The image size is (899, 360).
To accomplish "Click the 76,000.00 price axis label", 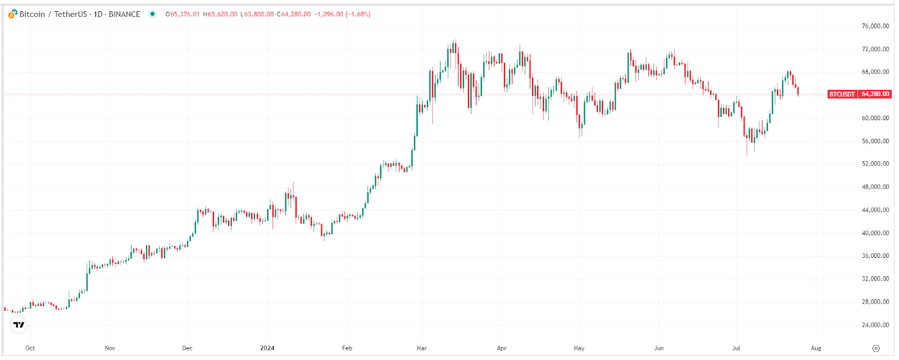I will pyautogui.click(x=875, y=26).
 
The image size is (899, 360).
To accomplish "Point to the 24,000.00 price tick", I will pyautogui.click(x=875, y=325).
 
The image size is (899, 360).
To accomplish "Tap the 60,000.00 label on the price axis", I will pyautogui.click(x=875, y=118).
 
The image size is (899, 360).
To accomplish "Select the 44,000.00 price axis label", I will pyautogui.click(x=875, y=210).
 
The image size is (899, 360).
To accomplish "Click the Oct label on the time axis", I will pyautogui.click(x=30, y=348).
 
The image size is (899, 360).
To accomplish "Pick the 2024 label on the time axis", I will pyautogui.click(x=267, y=348).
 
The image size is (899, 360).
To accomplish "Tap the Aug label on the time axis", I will pyautogui.click(x=816, y=348).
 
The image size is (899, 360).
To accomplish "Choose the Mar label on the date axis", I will pyautogui.click(x=421, y=348).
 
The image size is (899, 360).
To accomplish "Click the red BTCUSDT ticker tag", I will pyautogui.click(x=842, y=94).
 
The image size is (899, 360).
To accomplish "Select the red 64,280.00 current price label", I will pyautogui.click(x=875, y=94).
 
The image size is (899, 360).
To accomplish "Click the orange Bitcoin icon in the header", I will pyautogui.click(x=12, y=14).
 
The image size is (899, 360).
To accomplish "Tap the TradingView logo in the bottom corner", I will pyautogui.click(x=19, y=325).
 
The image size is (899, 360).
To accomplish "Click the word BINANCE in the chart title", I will pyautogui.click(x=124, y=14).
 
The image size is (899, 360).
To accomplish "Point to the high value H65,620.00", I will pyautogui.click(x=220, y=14).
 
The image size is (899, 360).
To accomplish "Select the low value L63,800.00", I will pyautogui.click(x=257, y=14).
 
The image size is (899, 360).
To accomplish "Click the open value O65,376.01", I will pyautogui.click(x=183, y=14).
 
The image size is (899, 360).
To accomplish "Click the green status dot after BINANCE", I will pyautogui.click(x=152, y=14).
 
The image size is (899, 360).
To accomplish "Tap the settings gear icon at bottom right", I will pyautogui.click(x=875, y=348).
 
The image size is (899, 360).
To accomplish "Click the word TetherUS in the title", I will pyautogui.click(x=70, y=14).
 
